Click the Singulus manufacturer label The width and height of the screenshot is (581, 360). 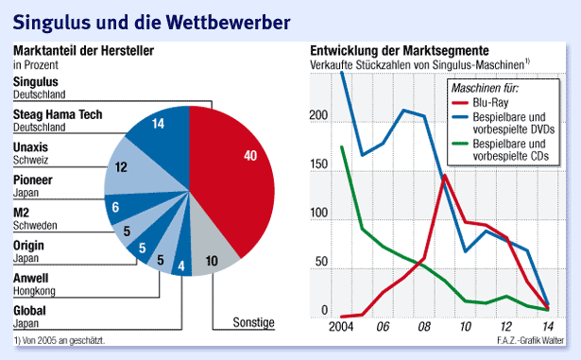[35, 83]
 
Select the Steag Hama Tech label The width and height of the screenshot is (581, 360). [58, 115]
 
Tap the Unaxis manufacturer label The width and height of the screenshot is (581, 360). [31, 147]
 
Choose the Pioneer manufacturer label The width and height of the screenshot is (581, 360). [33, 180]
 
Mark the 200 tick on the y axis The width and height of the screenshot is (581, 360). [317, 117]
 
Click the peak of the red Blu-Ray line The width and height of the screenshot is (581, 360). [444, 175]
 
